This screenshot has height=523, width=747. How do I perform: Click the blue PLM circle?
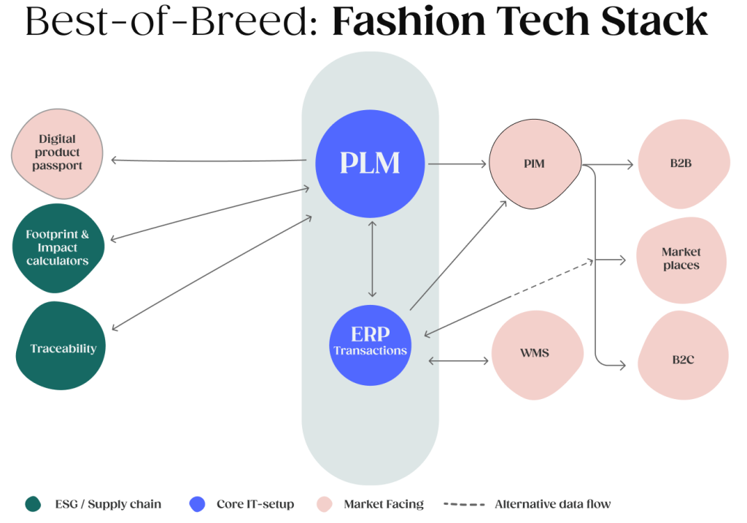370,163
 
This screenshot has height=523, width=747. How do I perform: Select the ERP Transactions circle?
370,343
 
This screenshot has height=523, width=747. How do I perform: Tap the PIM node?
534,164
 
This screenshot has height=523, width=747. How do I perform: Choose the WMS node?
534,354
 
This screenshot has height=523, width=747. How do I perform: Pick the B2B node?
682,164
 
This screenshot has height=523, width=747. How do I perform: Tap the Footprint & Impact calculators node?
58,248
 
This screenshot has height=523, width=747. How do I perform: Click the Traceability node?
62,348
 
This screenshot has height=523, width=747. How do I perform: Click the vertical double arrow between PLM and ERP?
372,257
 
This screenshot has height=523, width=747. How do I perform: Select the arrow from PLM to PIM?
457,164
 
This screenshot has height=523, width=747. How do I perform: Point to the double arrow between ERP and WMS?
457,360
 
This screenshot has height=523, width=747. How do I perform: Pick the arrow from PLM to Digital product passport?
208,160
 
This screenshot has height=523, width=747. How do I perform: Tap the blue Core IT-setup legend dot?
197,504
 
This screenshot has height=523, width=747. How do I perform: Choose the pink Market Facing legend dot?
324,504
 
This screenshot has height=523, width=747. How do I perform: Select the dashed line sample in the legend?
464,504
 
